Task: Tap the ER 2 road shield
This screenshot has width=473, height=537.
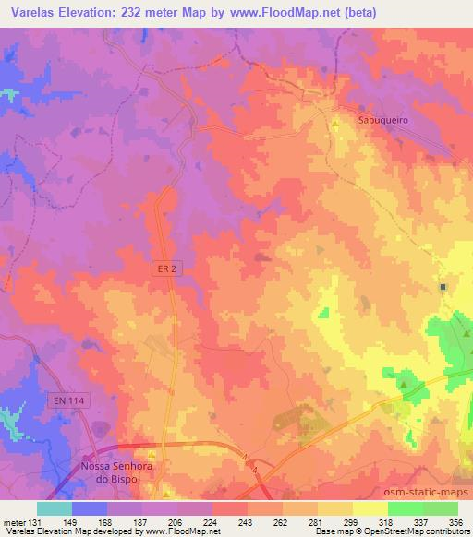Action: point(164,267)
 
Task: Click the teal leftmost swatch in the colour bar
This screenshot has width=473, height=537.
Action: point(54,508)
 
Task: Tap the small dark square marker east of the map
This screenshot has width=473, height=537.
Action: point(443,287)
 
